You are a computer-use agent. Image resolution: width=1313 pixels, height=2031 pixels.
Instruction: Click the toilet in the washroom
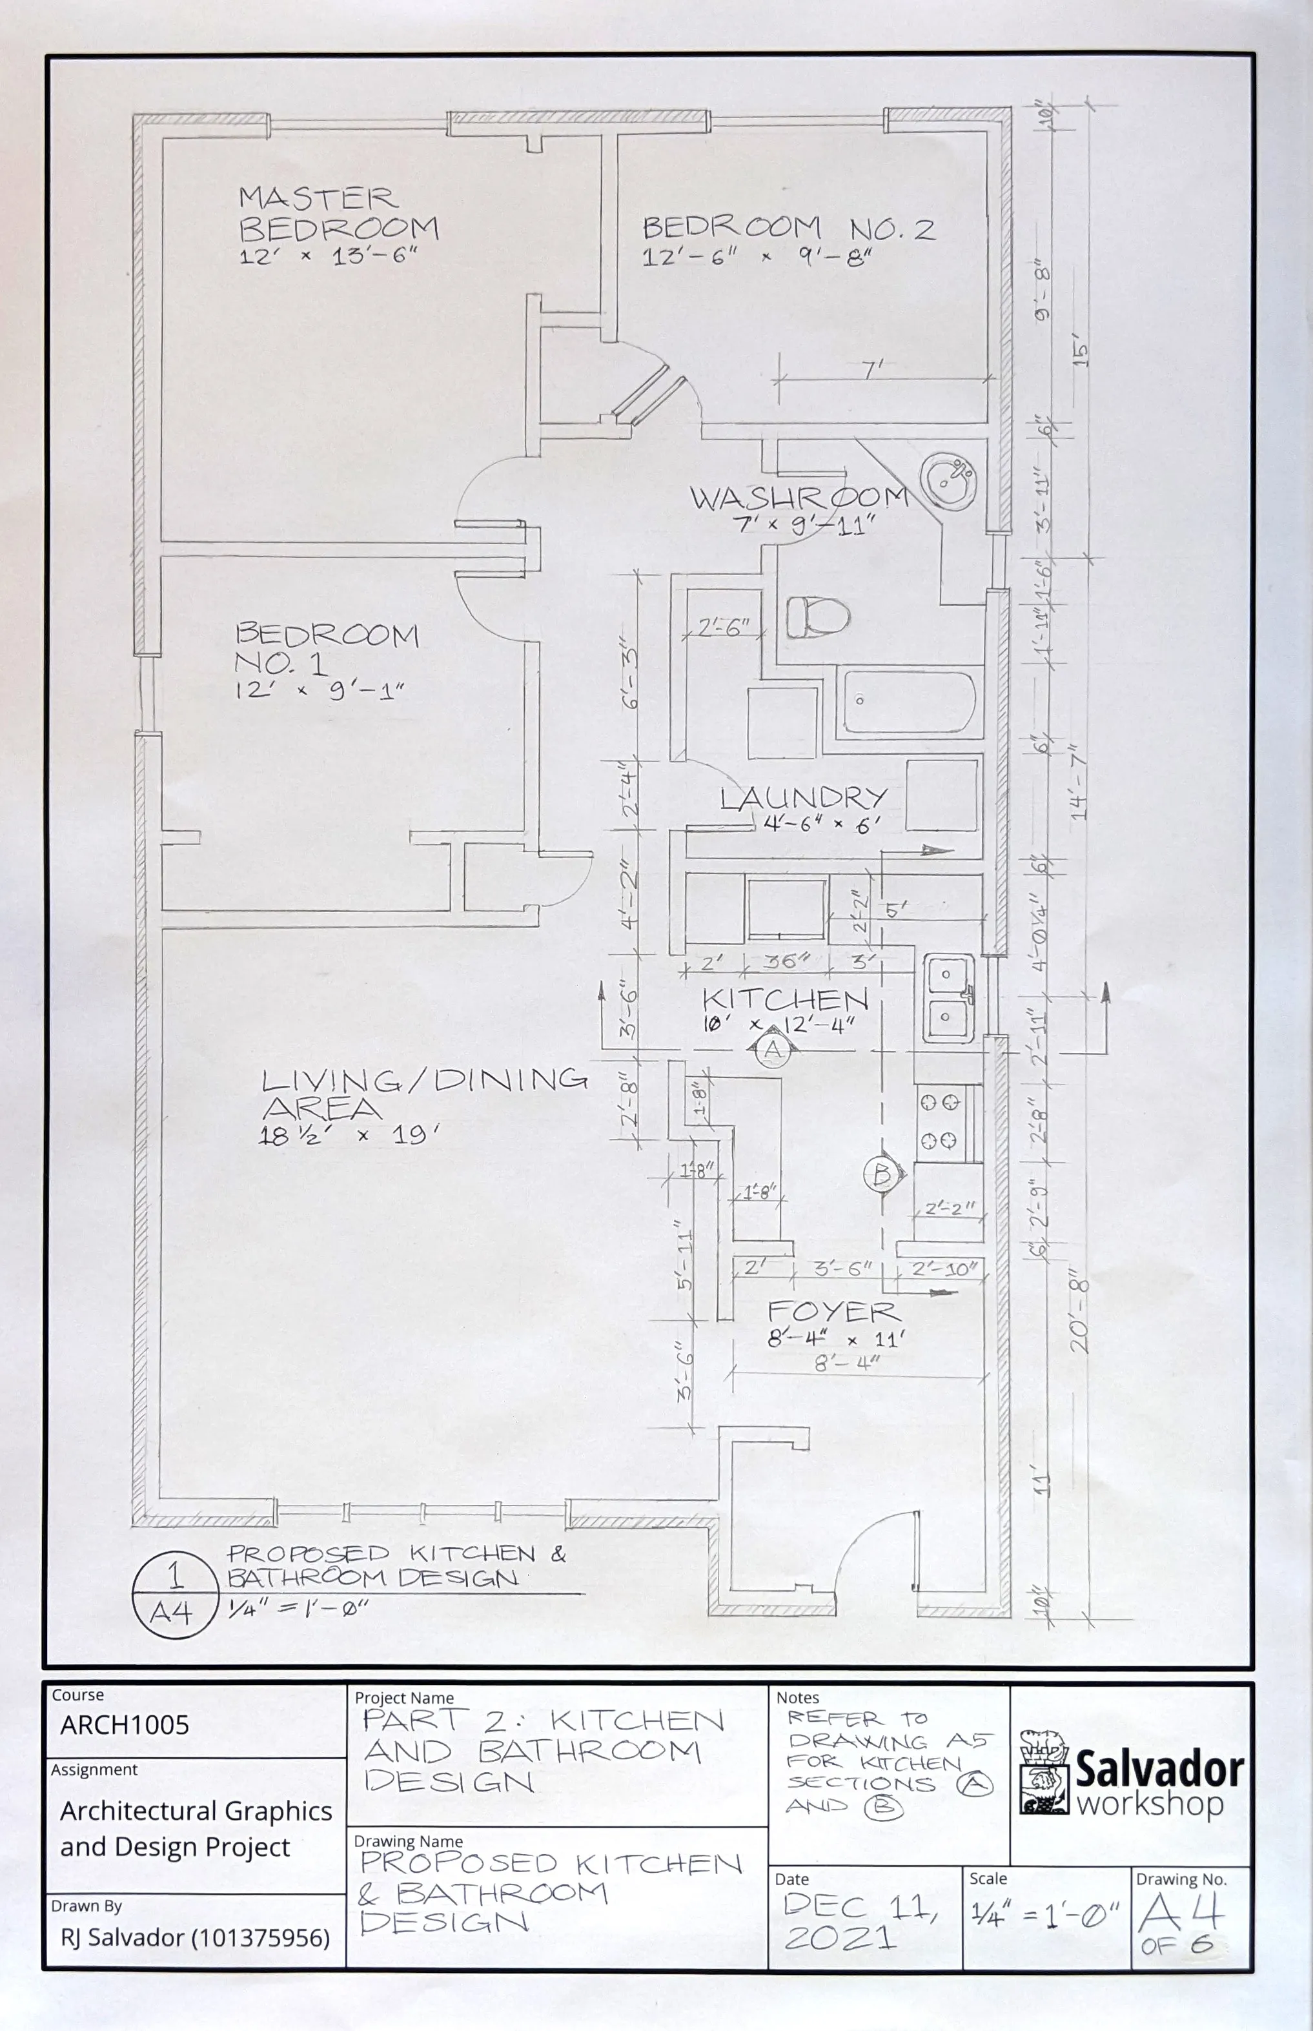click(817, 617)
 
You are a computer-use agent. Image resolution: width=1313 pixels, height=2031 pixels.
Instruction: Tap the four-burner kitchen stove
click(939, 1121)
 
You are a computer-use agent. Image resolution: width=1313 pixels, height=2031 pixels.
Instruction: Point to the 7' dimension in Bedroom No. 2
click(873, 369)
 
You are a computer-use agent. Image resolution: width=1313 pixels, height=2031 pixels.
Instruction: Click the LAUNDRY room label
click(803, 799)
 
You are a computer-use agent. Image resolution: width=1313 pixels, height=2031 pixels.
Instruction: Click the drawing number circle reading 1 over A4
click(173, 1593)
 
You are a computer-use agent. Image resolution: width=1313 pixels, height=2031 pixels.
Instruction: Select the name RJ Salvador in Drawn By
click(194, 1938)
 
